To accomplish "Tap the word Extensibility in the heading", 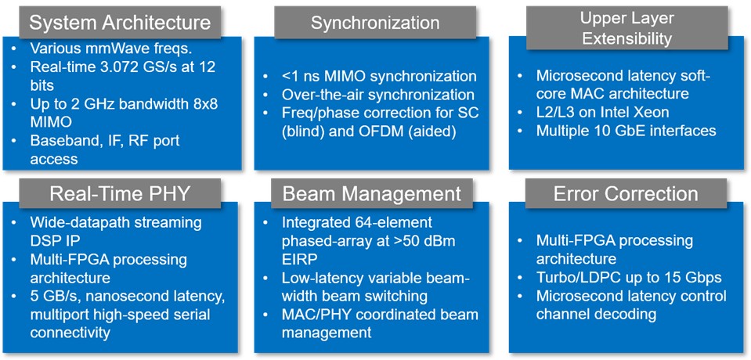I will [627, 38].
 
